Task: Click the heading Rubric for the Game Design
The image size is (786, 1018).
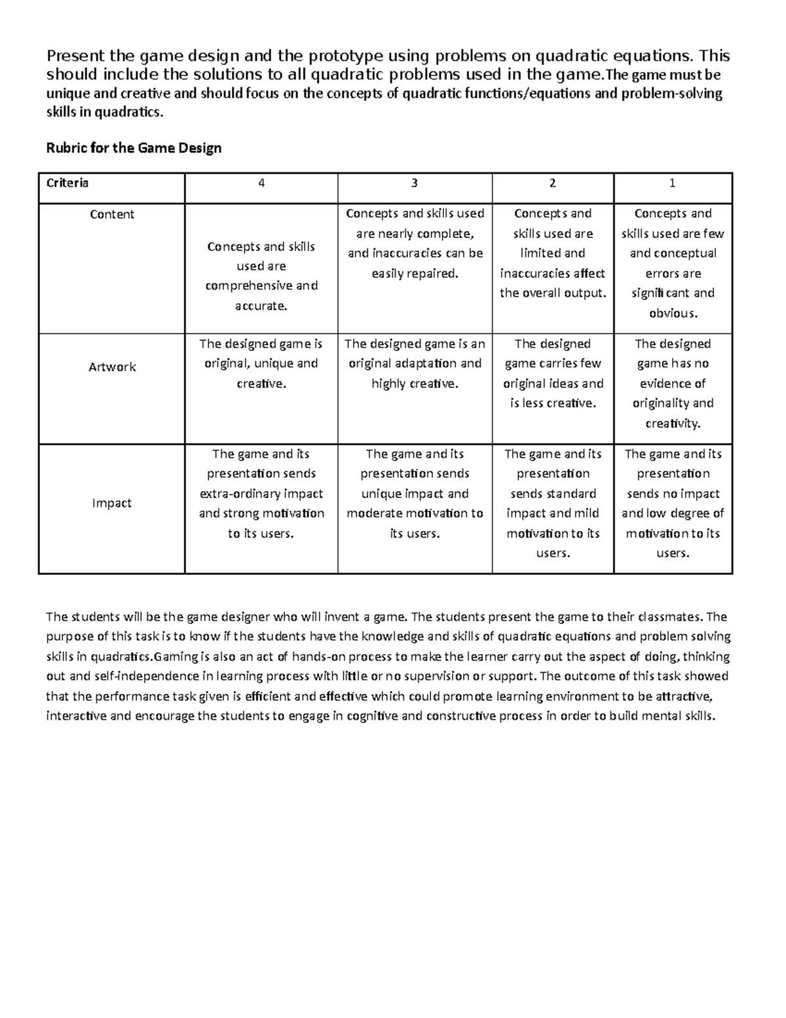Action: click(134, 148)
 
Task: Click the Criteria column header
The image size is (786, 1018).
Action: click(67, 183)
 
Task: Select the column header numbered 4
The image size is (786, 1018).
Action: click(261, 184)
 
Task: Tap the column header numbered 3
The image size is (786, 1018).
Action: click(414, 184)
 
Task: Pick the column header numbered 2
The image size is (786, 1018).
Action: click(553, 184)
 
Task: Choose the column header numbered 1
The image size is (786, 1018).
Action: click(672, 184)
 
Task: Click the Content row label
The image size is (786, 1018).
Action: click(112, 214)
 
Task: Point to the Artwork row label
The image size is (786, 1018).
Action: click(112, 367)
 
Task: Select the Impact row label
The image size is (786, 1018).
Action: click(112, 503)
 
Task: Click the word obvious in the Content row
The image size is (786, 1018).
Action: click(673, 313)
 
